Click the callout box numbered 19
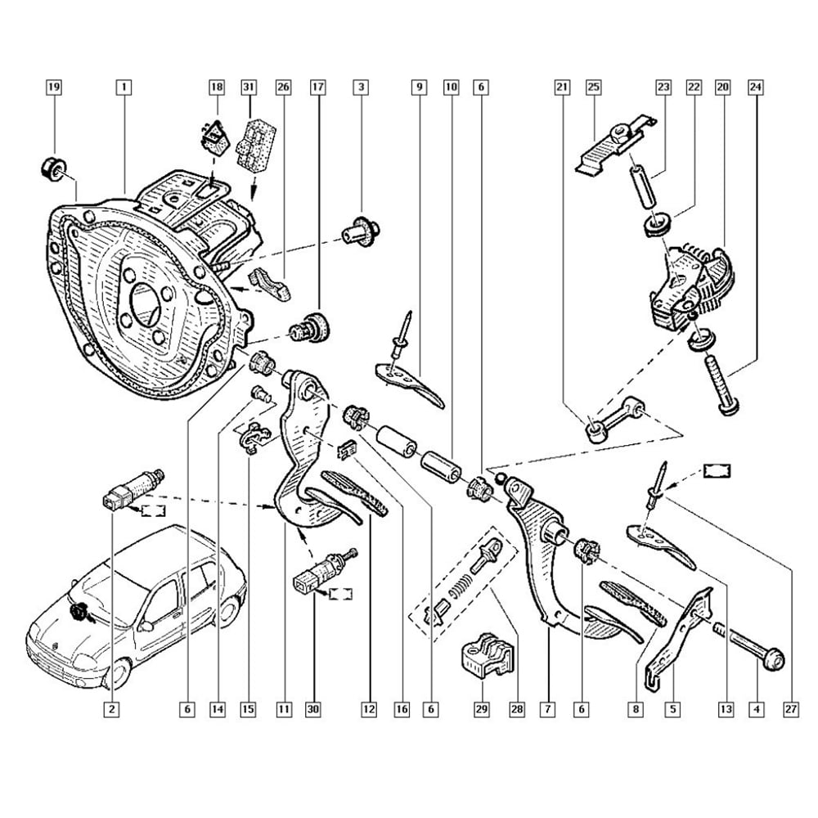point(53,86)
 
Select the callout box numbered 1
point(124,86)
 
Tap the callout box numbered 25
point(594,86)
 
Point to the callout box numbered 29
point(482,710)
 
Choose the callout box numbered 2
point(110,710)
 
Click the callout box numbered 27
point(791,710)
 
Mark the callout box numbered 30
point(312,710)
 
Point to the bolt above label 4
point(746,647)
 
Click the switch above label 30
point(321,571)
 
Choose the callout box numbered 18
point(217,86)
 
